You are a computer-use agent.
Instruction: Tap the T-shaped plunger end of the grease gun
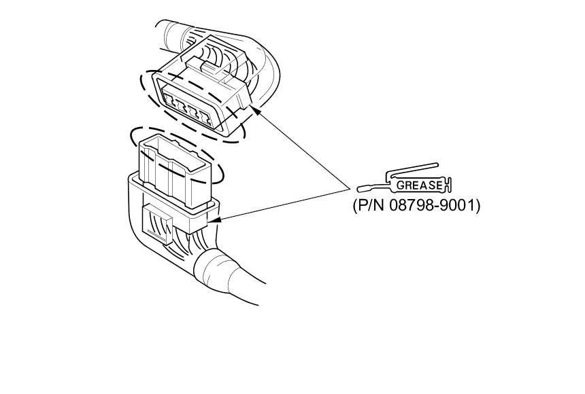click(449, 184)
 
